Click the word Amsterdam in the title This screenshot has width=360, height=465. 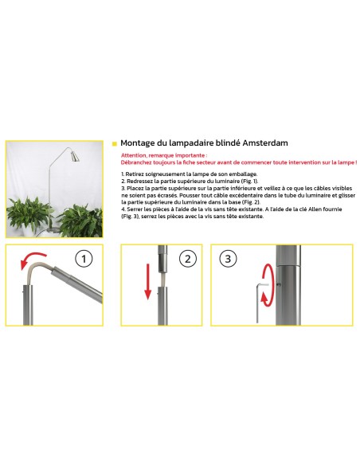264,143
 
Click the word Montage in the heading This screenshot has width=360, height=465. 138,143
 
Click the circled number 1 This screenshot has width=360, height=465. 84,260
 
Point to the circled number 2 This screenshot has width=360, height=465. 188,260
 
